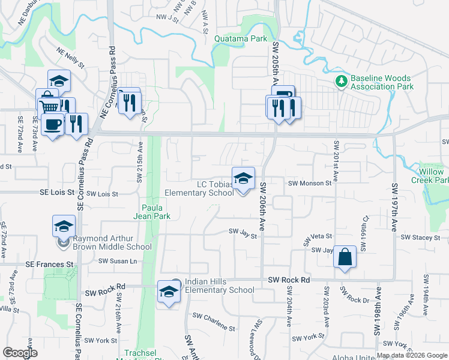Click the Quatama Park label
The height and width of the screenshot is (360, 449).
coord(240,38)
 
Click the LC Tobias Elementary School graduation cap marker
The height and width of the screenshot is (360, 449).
coord(243,178)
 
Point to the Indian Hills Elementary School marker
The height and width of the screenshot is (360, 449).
coord(169,292)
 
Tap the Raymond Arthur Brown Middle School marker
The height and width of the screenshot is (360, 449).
coord(64,227)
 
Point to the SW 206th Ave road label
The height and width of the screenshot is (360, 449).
coord(262,206)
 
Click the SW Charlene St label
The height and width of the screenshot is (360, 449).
coord(214,316)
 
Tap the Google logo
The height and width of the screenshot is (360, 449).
coord(20,353)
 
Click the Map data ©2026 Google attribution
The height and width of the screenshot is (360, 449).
coord(412,355)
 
